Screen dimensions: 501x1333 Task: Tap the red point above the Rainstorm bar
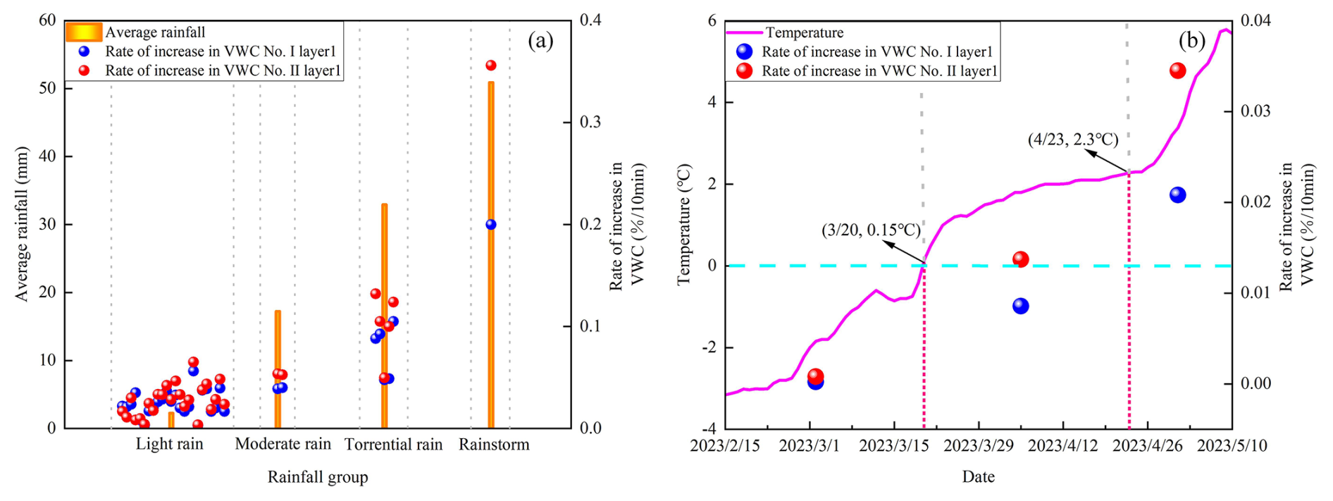(x=491, y=66)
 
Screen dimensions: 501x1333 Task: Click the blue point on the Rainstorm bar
(x=491, y=225)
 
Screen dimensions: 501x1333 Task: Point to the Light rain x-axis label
(x=169, y=444)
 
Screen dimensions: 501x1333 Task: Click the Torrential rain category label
(x=393, y=445)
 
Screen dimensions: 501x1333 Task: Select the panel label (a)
(x=540, y=41)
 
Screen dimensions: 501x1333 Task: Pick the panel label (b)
(x=1191, y=41)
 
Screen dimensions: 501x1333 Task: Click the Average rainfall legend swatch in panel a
(x=84, y=32)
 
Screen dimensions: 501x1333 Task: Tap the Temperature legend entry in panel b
(x=804, y=32)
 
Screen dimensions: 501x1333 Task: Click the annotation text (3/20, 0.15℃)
(x=871, y=230)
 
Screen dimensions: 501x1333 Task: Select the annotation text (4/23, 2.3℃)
(x=1072, y=140)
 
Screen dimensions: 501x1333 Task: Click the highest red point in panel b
(x=1177, y=70)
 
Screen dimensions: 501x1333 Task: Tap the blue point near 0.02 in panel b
(x=1177, y=195)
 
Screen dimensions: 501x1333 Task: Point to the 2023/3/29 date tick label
(x=978, y=446)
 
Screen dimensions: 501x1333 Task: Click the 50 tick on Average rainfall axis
(x=47, y=88)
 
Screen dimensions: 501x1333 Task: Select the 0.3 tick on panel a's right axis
(x=590, y=122)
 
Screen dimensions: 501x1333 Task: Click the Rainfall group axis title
(x=317, y=477)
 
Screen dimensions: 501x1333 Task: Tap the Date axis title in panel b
(x=978, y=477)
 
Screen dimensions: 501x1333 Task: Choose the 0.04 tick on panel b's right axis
(x=1255, y=20)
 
